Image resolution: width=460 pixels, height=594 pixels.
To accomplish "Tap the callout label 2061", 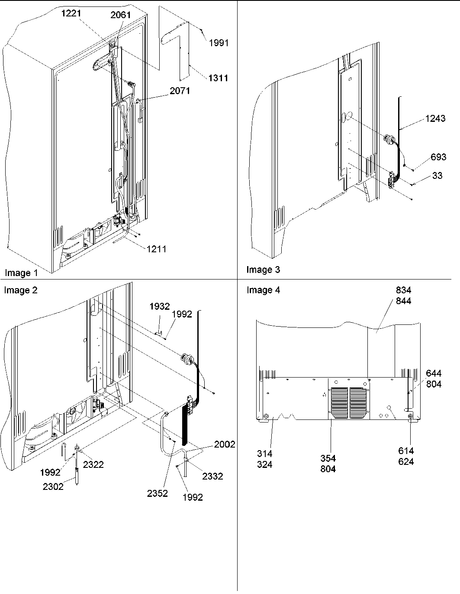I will pyautogui.click(x=121, y=16).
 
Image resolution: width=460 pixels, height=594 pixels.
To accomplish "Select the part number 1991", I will pyautogui.click(x=219, y=43).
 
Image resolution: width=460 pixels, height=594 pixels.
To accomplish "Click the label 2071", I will pyautogui.click(x=180, y=91).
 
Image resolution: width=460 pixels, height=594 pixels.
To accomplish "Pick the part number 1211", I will pyautogui.click(x=156, y=249).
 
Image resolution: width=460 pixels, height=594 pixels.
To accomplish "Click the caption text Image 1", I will pyautogui.click(x=21, y=273).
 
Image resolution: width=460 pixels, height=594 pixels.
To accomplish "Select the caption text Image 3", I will pyautogui.click(x=263, y=270).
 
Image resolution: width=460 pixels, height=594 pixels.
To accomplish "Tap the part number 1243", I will pyautogui.click(x=435, y=118).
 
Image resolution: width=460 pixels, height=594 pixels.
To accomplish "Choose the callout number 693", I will pyautogui.click(x=438, y=157).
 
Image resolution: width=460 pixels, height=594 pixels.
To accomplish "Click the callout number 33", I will pyautogui.click(x=437, y=176).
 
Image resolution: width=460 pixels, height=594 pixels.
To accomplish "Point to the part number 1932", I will pyautogui.click(x=160, y=306).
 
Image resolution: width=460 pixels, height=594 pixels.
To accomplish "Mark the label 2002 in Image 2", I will pyautogui.click(x=225, y=445).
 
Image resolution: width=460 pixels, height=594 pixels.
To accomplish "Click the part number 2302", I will pyautogui.click(x=53, y=486).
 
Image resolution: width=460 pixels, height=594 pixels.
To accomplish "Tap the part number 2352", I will pyautogui.click(x=157, y=493).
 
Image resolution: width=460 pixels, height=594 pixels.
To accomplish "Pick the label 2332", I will pyautogui.click(x=212, y=476).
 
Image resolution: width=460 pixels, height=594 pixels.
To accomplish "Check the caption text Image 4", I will pyautogui.click(x=263, y=290).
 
